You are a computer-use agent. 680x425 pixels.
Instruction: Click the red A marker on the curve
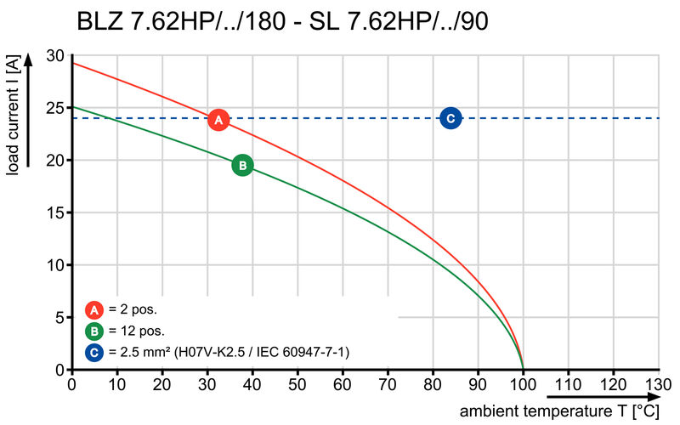[x=218, y=120]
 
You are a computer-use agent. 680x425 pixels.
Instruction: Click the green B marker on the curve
[x=242, y=165]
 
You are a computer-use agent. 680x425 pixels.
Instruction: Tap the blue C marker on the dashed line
[x=450, y=118]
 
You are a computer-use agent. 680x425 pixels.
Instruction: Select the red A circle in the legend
[x=94, y=310]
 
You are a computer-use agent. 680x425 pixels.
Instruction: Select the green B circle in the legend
[x=94, y=331]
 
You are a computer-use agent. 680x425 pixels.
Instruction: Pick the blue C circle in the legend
[x=94, y=351]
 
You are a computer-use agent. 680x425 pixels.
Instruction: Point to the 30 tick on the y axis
[x=55, y=55]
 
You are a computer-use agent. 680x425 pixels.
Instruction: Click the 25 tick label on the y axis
[x=55, y=108]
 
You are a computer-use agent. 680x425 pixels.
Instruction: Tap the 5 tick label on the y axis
[x=59, y=317]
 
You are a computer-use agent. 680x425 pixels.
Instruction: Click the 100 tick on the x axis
[x=523, y=385]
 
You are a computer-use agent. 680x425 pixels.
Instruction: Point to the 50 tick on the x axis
[x=297, y=385]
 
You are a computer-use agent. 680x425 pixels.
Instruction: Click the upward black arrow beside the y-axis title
[x=28, y=110]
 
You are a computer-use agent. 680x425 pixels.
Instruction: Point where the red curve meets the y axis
[x=71, y=63]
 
